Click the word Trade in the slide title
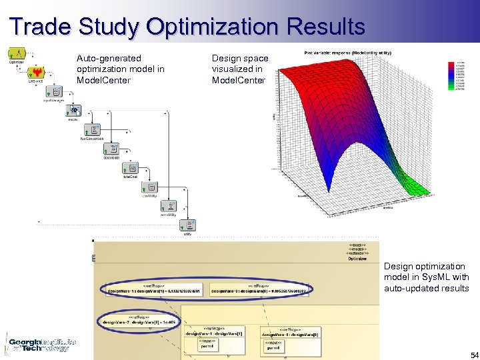(41, 27)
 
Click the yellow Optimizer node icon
(17, 53)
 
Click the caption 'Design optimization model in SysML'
(425, 277)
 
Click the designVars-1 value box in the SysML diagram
(154, 290)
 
